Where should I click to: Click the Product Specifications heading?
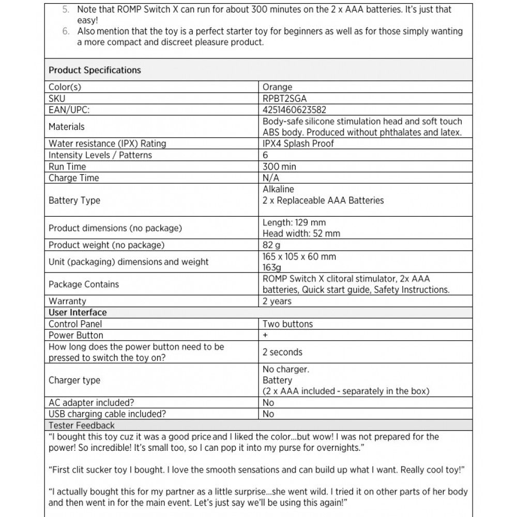pyautogui.click(x=95, y=70)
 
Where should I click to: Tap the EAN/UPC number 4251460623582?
pyautogui.click(x=294, y=110)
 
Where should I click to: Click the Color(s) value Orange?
pyautogui.click(x=277, y=87)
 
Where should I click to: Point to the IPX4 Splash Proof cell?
pyautogui.click(x=298, y=144)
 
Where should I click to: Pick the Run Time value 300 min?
pyautogui.click(x=279, y=166)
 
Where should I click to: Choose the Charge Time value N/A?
pyautogui.click(x=271, y=178)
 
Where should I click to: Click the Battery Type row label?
pyautogui.click(x=74, y=200)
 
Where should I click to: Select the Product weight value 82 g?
pyautogui.click(x=271, y=245)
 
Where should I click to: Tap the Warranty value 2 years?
pyautogui.click(x=277, y=301)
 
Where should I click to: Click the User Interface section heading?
pyautogui.click(x=78, y=312)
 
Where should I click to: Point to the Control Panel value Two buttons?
pyautogui.click(x=287, y=324)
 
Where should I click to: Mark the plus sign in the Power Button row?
pyautogui.click(x=265, y=335)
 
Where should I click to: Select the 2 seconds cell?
pyautogui.click(x=282, y=352)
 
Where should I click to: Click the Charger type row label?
pyautogui.click(x=74, y=380)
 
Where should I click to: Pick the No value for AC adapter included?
pyautogui.click(x=268, y=403)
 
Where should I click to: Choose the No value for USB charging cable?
pyautogui.click(x=268, y=414)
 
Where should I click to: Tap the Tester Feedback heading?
pyautogui.click(x=82, y=425)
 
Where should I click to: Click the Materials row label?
pyautogui.click(x=67, y=127)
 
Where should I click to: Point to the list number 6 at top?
pyautogui.click(x=66, y=31)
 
